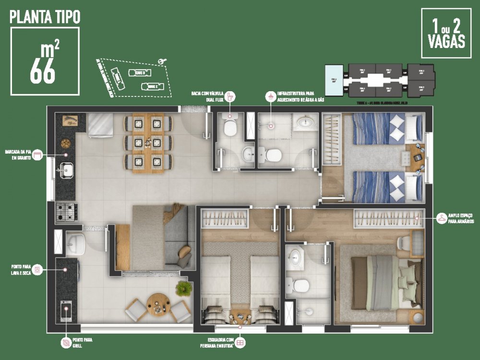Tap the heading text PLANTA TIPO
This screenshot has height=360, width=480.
click(x=45, y=17)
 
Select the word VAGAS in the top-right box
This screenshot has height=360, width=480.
click(x=446, y=41)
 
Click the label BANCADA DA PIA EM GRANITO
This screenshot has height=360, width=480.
click(x=18, y=155)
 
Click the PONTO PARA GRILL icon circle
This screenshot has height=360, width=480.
click(x=66, y=343)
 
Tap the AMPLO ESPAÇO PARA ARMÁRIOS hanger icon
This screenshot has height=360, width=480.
click(x=441, y=219)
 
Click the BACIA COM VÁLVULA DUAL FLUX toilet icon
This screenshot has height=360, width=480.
click(x=230, y=96)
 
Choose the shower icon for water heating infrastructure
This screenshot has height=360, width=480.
click(x=271, y=96)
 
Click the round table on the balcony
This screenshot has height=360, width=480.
click(x=158, y=303)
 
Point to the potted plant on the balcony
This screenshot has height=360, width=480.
click(x=183, y=288)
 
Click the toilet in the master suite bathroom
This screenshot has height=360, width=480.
click(x=301, y=285)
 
